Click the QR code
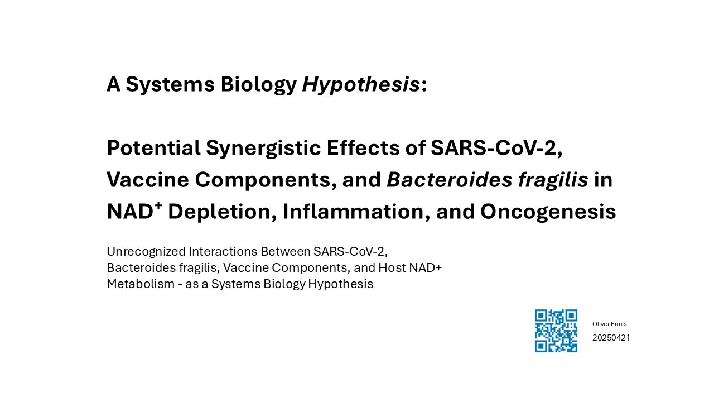click(x=556, y=331)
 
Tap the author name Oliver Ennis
click(x=610, y=324)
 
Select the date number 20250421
click(x=611, y=338)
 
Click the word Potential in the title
click(x=153, y=148)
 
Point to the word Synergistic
click(x=263, y=149)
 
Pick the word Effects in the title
click(x=363, y=148)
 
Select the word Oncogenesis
click(x=548, y=213)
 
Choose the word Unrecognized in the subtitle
click(x=146, y=252)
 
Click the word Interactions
click(x=223, y=251)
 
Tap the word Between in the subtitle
click(x=285, y=251)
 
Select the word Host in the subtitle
click(x=392, y=267)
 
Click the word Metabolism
click(x=140, y=284)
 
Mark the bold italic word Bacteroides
click(x=449, y=180)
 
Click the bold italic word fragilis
click(x=553, y=181)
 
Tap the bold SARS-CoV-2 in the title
click(x=496, y=149)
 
